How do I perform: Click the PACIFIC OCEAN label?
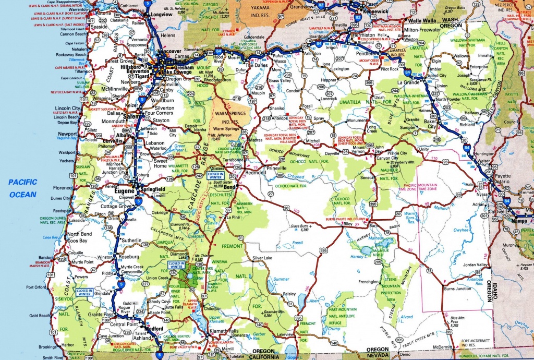click(22, 188)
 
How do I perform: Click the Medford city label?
click(154, 328)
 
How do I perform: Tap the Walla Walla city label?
click(421, 21)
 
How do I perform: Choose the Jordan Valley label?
click(474, 265)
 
